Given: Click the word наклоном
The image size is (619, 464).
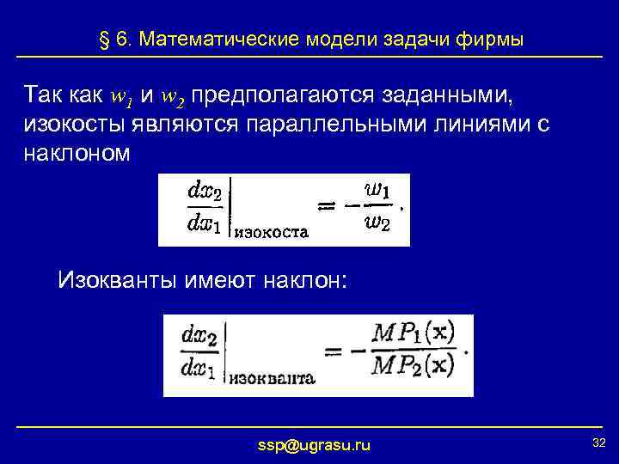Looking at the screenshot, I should (x=77, y=152).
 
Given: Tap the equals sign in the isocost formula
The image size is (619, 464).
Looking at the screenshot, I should (x=331, y=206).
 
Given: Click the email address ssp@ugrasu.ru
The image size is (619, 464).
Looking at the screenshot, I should (x=315, y=444).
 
